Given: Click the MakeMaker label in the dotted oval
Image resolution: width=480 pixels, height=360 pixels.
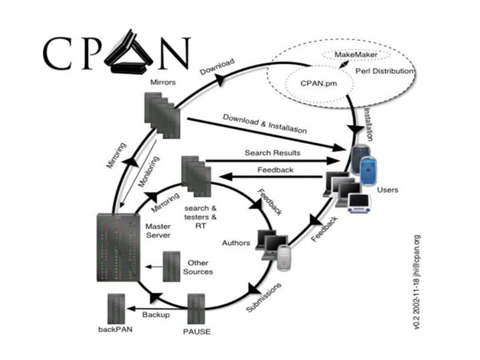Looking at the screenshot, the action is (355, 55).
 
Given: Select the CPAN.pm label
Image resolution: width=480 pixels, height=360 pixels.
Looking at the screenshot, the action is (318, 83).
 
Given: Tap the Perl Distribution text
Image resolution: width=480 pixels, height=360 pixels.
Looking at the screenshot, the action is (384, 71).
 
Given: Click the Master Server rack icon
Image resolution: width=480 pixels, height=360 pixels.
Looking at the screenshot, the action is (118, 247).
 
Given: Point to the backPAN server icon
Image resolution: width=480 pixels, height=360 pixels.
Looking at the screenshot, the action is (116, 308).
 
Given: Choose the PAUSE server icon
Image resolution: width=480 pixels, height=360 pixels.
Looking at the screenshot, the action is (196, 308).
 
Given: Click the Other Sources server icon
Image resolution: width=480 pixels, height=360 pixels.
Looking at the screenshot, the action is (171, 266).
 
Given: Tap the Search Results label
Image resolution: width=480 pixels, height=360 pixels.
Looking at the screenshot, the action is (272, 153).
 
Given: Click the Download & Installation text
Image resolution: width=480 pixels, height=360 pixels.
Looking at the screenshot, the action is (265, 124).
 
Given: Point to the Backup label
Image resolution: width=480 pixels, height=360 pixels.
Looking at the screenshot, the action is (156, 314).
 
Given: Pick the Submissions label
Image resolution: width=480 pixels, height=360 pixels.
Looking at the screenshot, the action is (263, 297).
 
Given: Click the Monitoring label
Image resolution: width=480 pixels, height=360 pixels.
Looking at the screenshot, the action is (149, 171).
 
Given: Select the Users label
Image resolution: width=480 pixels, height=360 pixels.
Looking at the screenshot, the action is (387, 190).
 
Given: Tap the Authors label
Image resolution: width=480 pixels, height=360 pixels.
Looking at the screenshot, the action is (236, 243).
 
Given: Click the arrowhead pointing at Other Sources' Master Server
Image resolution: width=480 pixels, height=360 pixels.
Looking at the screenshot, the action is (148, 266).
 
